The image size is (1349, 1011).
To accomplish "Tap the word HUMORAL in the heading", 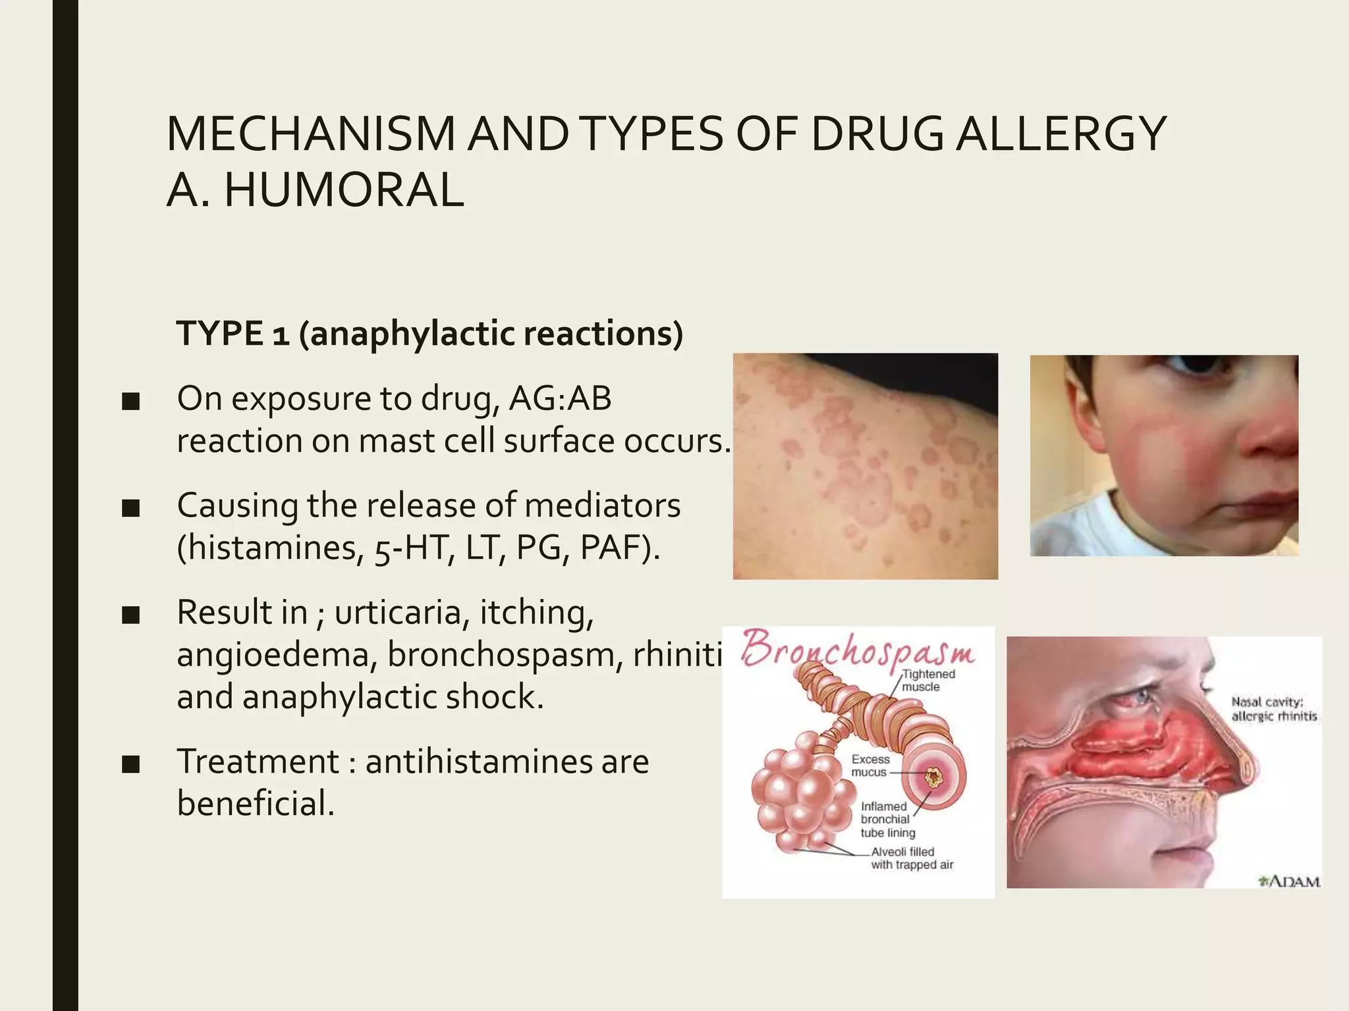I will click(x=344, y=190).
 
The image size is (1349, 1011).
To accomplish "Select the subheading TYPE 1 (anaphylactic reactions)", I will click(x=429, y=334).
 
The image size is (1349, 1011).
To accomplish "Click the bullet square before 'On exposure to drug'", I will click(x=131, y=402).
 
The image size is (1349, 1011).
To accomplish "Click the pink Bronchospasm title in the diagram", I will click(x=858, y=648).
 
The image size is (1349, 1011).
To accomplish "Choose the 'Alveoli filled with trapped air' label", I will click(x=912, y=858).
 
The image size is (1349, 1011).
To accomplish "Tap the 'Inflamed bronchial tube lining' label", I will click(x=887, y=819).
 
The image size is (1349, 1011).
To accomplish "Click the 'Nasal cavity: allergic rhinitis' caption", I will click(x=1273, y=709).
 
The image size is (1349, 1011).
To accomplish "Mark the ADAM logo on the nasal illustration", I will click(x=1290, y=881).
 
